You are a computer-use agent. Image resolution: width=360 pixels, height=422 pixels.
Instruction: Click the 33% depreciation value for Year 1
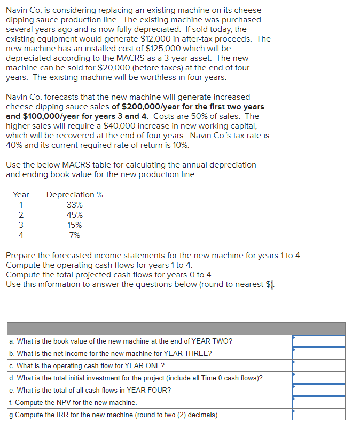pyautogui.click(x=75, y=205)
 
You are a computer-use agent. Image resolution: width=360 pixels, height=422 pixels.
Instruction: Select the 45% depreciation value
pyautogui.click(x=75, y=215)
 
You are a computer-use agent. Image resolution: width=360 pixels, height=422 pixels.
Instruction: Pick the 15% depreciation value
pyautogui.click(x=75, y=225)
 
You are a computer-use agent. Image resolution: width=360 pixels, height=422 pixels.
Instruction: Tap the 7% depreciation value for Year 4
pyautogui.click(x=75, y=235)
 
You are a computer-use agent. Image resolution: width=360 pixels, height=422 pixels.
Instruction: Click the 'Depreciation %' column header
pyautogui.click(x=75, y=195)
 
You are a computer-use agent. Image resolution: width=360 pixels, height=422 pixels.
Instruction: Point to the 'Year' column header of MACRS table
pyautogui.click(x=21, y=195)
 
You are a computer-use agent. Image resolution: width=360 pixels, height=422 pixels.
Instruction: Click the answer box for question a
pyautogui.click(x=318, y=341)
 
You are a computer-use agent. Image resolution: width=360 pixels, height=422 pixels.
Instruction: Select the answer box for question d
pyautogui.click(x=318, y=378)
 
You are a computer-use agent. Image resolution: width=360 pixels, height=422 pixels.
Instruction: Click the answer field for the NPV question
pyautogui.click(x=318, y=402)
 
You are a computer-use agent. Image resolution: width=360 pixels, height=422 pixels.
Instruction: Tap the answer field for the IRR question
pyautogui.click(x=318, y=415)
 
